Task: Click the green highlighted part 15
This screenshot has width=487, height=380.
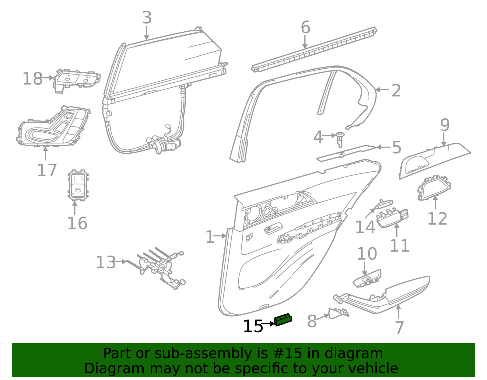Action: click(x=283, y=320)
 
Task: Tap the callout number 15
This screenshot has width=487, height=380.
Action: click(x=253, y=326)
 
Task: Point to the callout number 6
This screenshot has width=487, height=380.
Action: click(x=305, y=27)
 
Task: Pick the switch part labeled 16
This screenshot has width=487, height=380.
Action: click(x=78, y=185)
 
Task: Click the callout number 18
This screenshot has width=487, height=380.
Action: click(x=33, y=78)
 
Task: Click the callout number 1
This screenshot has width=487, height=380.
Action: click(x=210, y=237)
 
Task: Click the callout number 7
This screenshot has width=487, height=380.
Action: click(x=399, y=327)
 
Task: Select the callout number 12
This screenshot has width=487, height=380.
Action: click(x=437, y=218)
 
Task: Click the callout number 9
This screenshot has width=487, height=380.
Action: click(x=445, y=125)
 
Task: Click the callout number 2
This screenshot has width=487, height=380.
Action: click(x=396, y=91)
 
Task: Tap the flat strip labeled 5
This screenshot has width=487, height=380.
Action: click(x=347, y=153)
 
